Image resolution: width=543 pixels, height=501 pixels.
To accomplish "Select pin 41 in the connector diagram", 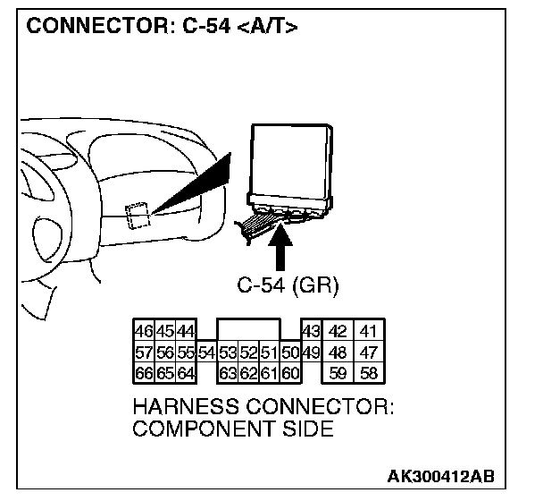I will pos(367,331).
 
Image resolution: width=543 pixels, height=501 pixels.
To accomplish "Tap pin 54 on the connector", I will pos(206,352).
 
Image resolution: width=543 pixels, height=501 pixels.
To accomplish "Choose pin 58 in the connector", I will pos(367,372).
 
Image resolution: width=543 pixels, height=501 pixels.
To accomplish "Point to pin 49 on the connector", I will pos(312,352).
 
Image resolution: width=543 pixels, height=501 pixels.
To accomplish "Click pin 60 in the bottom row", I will pos(289,372).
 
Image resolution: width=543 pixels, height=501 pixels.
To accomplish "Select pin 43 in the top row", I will pos(312,331).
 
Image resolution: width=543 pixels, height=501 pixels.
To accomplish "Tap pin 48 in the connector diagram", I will pos(339,352).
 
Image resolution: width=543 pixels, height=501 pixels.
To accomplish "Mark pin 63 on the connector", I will pos(228,372).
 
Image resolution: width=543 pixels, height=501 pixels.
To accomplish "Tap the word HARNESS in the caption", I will pos(183,407).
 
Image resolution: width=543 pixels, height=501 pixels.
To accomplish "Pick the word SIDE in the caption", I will pos(304,429).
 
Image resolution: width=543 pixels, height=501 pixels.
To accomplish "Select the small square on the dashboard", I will pos(138,216).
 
